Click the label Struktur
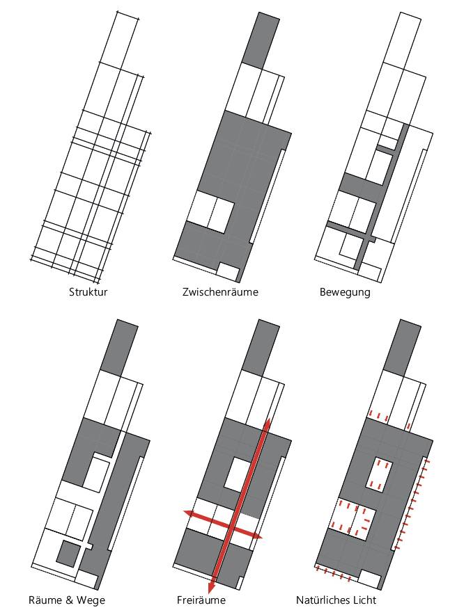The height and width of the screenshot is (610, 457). [x=88, y=292]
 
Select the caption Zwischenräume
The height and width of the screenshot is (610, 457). [x=220, y=292]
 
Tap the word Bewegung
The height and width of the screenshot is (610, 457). [x=345, y=292]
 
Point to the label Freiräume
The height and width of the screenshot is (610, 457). [x=201, y=600]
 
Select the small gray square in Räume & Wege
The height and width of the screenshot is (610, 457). [x=67, y=553]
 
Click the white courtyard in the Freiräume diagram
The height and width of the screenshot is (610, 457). [x=238, y=473]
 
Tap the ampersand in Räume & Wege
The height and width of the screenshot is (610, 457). [x=68, y=600]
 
